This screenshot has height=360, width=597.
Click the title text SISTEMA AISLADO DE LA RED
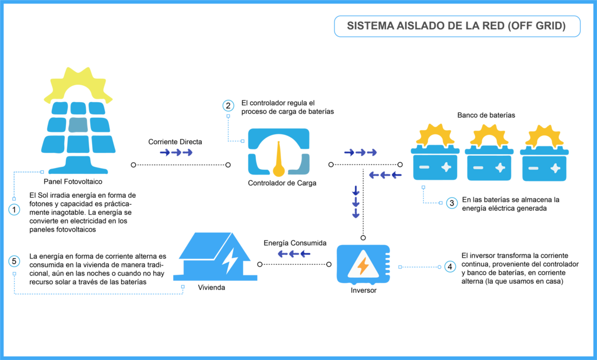pyautogui.click(x=456, y=26)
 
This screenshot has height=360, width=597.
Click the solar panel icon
pyautogui.click(x=78, y=137)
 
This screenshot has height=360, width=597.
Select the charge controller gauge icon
pyautogui.click(x=279, y=152)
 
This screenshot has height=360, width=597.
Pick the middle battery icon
pyautogui.click(x=489, y=165)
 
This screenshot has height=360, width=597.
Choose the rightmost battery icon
pyautogui.click(x=544, y=166)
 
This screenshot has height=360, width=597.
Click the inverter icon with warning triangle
pyautogui.click(x=363, y=264)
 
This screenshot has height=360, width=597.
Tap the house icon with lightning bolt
pyautogui.click(x=215, y=257)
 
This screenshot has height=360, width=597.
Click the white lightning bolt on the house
pyautogui.click(x=230, y=261)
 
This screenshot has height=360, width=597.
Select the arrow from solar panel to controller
pyautogui.click(x=176, y=152)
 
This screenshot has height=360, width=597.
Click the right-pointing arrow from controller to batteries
pyautogui.click(x=360, y=152)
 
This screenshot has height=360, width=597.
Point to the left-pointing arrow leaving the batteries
pyautogui.click(x=385, y=174)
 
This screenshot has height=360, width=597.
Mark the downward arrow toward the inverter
pyautogui.click(x=356, y=202)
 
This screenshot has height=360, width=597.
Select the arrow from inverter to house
pyautogui.click(x=294, y=254)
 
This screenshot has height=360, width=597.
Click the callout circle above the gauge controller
pyautogui.click(x=228, y=106)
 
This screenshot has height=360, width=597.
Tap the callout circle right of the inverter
pyautogui.click(x=449, y=267)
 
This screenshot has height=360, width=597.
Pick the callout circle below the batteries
pyautogui.click(x=452, y=203)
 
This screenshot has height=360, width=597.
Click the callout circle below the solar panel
pyautogui.click(x=14, y=209)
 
